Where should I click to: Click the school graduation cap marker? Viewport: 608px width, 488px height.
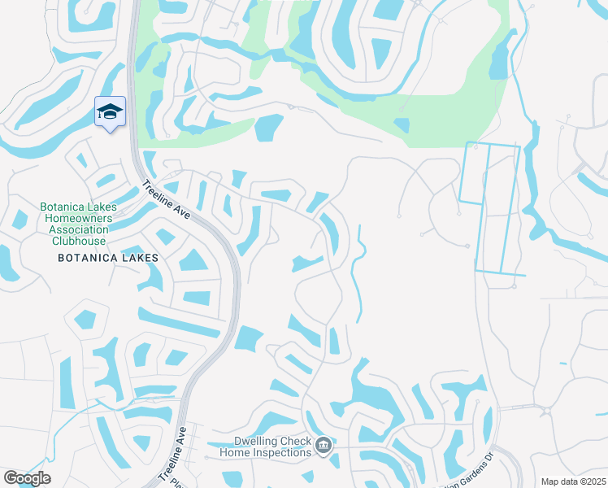110,112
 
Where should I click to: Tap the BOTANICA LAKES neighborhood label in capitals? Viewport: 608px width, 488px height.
108,257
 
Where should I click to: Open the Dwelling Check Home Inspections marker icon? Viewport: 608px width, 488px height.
324,445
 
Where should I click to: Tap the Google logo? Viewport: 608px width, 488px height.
27,478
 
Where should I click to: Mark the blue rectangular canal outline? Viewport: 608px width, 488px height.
489,207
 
